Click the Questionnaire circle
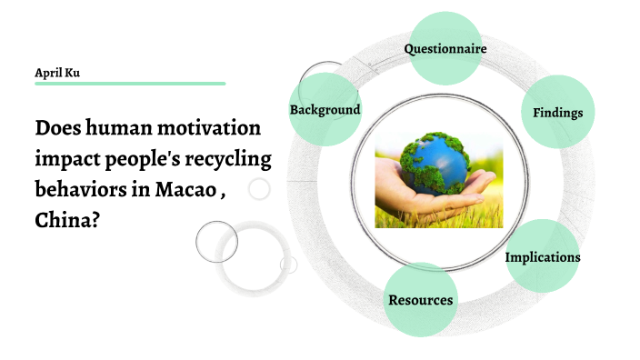445,49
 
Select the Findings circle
557,113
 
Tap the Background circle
325,110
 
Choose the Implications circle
543,257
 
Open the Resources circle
420,300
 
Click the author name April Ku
57,72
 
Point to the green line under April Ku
130,84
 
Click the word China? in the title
67,221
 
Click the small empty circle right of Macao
259,189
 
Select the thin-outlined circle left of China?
216,241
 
